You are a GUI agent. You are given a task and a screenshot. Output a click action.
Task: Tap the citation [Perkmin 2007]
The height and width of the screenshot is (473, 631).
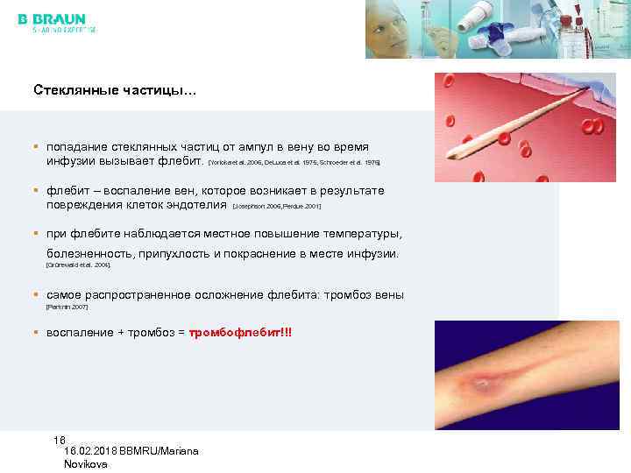tap(67, 307)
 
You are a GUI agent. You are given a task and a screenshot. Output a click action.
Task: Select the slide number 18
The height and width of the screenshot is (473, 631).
tap(59, 440)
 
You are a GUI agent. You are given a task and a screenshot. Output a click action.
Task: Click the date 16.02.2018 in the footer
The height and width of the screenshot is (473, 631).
tap(93, 450)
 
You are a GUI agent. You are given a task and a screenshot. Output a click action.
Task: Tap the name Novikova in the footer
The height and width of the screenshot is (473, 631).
tap(86, 464)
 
